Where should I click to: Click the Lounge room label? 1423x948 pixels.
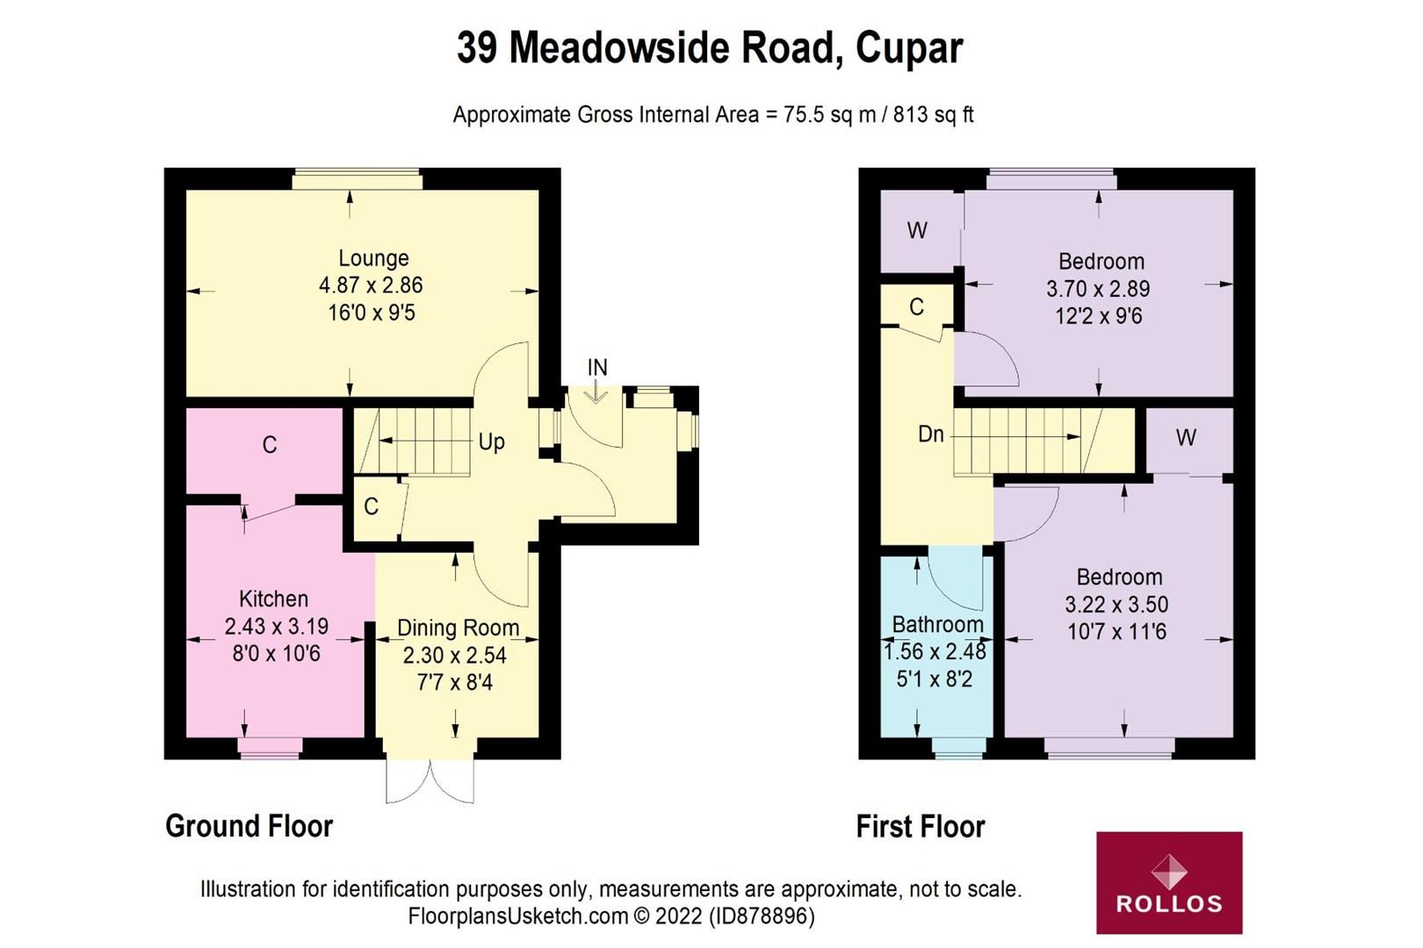pyautogui.click(x=373, y=258)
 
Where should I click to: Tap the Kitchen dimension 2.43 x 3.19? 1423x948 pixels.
pyautogui.click(x=276, y=627)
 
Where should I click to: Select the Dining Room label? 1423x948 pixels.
pyautogui.click(x=458, y=628)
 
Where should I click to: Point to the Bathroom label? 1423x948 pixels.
pyautogui.click(x=937, y=625)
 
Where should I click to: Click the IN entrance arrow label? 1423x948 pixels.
pyautogui.click(x=597, y=368)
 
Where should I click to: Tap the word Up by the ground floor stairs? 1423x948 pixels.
pyautogui.click(x=491, y=442)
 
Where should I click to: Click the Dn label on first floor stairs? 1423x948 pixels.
pyautogui.click(x=930, y=434)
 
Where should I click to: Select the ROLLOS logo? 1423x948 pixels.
pyautogui.click(x=1168, y=882)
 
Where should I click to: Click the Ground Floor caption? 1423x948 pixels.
pyautogui.click(x=249, y=826)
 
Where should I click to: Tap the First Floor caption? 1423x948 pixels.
pyautogui.click(x=920, y=826)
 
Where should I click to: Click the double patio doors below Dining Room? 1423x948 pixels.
pyautogui.click(x=430, y=780)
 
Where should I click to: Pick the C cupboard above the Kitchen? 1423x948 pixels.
pyautogui.click(x=270, y=445)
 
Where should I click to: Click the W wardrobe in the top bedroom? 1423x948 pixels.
pyautogui.click(x=917, y=231)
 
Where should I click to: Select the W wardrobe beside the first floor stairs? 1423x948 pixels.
pyautogui.click(x=1186, y=437)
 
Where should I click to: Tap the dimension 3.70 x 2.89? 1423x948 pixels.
pyautogui.click(x=1098, y=289)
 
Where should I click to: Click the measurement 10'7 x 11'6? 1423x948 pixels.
pyautogui.click(x=1116, y=632)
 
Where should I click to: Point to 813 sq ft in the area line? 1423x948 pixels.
pyautogui.click(x=933, y=115)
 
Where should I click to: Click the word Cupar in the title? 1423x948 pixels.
pyautogui.click(x=909, y=48)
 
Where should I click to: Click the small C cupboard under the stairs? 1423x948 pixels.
pyautogui.click(x=372, y=506)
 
